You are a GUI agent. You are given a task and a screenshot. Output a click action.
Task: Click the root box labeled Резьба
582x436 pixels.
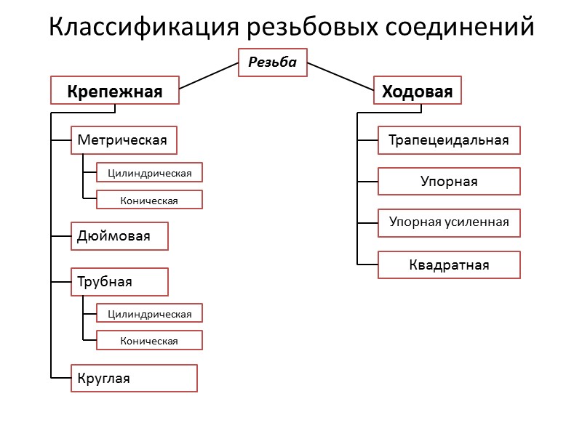pyautogui.click(x=273, y=62)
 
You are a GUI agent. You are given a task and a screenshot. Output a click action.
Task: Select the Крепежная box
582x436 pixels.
pyautogui.click(x=115, y=92)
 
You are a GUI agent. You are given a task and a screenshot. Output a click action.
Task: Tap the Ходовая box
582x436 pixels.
pyautogui.click(x=418, y=92)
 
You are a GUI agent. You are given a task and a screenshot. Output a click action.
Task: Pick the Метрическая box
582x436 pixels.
pyautogui.click(x=124, y=140)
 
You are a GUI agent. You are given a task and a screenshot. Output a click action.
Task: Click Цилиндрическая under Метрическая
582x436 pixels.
pyautogui.click(x=150, y=172)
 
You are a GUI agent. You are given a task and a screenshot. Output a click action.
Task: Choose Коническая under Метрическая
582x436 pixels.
pyautogui.click(x=150, y=200)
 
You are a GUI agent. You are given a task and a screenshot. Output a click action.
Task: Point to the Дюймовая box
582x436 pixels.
pyautogui.click(x=119, y=236)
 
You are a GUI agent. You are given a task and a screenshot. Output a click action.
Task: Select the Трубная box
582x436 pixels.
pyautogui.click(x=119, y=282)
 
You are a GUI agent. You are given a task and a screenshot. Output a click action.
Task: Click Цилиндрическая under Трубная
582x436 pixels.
pyautogui.click(x=150, y=313)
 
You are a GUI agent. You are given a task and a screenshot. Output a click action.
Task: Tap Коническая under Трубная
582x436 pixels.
pyautogui.click(x=150, y=340)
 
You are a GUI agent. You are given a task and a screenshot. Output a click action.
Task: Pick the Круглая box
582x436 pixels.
pyautogui.click(x=134, y=378)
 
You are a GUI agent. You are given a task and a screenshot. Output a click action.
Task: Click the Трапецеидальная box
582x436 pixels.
pyautogui.click(x=449, y=140)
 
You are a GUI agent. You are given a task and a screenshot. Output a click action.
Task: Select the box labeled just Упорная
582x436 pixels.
pyautogui.click(x=449, y=181)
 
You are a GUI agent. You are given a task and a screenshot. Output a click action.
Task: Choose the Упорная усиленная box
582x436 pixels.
pyautogui.click(x=449, y=222)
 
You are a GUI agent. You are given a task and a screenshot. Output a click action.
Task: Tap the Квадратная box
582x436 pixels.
pyautogui.click(x=449, y=265)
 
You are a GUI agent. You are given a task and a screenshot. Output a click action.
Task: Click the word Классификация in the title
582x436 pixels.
pyautogui.click(x=143, y=28)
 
